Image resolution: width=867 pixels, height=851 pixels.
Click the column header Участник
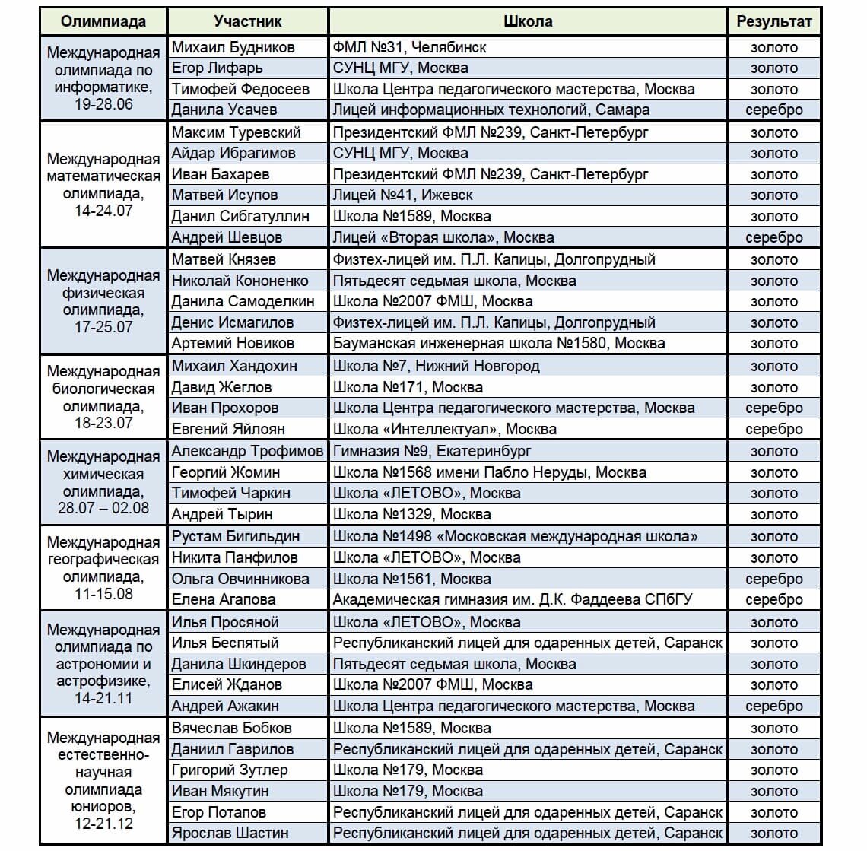pyautogui.click(x=247, y=21)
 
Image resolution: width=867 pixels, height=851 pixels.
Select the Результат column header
pyautogui.click(x=773, y=21)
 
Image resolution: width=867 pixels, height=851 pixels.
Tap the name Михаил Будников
pyautogui.click(x=233, y=47)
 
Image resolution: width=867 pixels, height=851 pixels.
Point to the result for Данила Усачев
pyautogui.click(x=773, y=110)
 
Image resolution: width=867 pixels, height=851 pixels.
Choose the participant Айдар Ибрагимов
pyautogui.click(x=233, y=153)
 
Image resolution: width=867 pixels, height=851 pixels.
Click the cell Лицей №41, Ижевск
pyautogui.click(x=402, y=195)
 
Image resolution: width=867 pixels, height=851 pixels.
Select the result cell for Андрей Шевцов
pyautogui.click(x=773, y=237)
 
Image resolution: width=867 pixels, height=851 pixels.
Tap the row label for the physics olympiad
pyautogui.click(x=103, y=301)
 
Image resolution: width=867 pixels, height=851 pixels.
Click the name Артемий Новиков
pyautogui.click(x=233, y=343)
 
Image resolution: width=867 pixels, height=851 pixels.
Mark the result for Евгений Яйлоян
pyautogui.click(x=773, y=429)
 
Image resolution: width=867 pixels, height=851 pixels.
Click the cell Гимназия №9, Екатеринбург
pyautogui.click(x=432, y=451)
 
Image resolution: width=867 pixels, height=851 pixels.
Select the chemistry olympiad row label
pyautogui.click(x=103, y=482)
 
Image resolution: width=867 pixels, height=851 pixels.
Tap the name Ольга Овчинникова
pyautogui.click(x=240, y=579)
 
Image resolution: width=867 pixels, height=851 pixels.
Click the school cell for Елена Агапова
pyautogui.click(x=513, y=599)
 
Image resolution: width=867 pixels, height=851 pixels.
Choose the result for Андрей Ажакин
pyautogui.click(x=773, y=706)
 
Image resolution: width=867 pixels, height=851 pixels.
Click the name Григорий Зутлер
pyautogui.click(x=230, y=770)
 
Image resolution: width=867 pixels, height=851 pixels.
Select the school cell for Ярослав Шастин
pyautogui.click(x=527, y=833)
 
